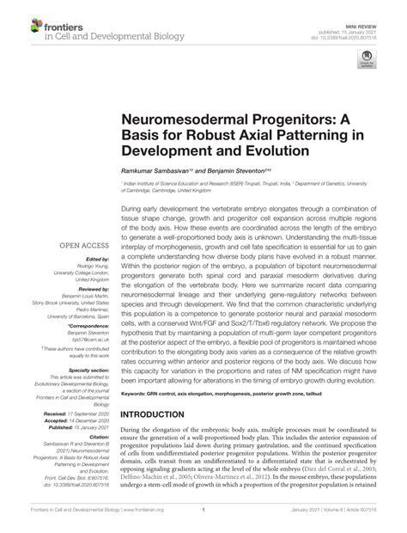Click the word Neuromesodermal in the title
pos(184,109)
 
